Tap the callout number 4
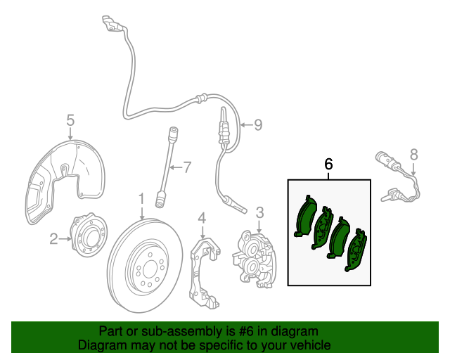click(201, 219)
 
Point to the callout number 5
click(70, 120)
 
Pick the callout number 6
click(328, 164)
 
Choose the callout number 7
click(186, 167)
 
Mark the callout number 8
click(413, 154)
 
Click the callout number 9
click(257, 124)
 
